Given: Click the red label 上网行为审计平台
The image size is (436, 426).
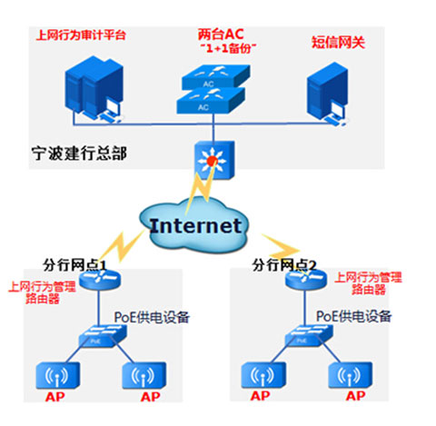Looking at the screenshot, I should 80,35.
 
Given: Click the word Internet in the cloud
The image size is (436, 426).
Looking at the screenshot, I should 195,225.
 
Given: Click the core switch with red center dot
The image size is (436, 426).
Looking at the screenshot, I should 213,161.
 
